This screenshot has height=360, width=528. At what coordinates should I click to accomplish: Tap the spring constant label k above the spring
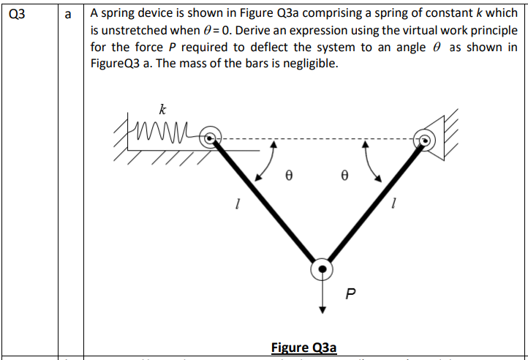coord(162,110)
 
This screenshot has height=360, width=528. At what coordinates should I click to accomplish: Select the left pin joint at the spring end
coord(211,137)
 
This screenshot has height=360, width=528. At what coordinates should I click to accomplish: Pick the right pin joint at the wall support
coord(423,138)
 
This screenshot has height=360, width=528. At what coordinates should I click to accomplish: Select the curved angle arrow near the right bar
coord(372,162)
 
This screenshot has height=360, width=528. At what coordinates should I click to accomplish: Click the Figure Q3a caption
coord(303,347)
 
